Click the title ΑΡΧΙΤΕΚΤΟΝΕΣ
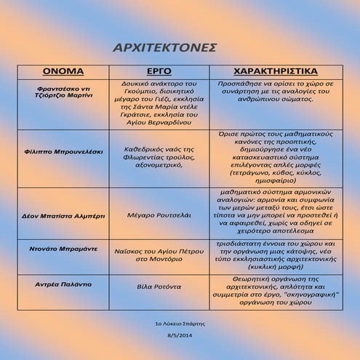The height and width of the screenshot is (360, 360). pyautogui.click(x=166, y=47)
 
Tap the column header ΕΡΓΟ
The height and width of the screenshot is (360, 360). pyautogui.click(x=159, y=71)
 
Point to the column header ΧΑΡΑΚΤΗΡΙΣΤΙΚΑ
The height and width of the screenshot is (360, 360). pyautogui.click(x=274, y=71)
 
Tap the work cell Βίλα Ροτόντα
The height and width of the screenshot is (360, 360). pyautogui.click(x=159, y=287)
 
